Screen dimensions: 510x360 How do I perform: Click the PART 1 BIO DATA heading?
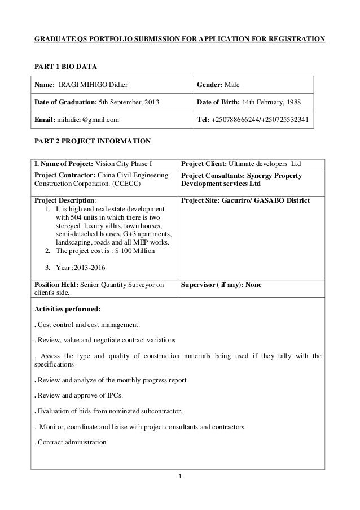[66, 67]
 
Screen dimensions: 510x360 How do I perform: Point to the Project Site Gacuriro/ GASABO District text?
[244, 200]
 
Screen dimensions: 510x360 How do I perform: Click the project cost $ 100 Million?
[135, 251]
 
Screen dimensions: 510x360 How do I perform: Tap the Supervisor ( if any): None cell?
[221, 285]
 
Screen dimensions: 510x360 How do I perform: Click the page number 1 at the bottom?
[179, 476]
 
